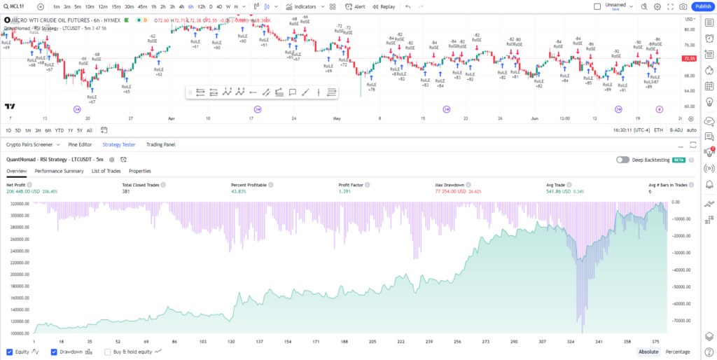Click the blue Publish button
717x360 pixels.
(701, 6)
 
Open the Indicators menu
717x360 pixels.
(301, 6)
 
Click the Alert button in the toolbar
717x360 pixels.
(355, 6)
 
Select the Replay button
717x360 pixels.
(384, 6)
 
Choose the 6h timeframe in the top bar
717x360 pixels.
(191, 6)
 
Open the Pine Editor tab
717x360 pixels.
(80, 145)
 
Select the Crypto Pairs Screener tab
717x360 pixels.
(29, 145)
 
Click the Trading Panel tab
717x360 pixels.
(160, 145)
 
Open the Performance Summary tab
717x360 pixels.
(60, 171)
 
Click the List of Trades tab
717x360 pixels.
(106, 171)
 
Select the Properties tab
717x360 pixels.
(140, 171)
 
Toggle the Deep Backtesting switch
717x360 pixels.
(622, 160)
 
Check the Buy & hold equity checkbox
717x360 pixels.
(107, 352)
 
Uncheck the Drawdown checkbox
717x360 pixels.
(55, 352)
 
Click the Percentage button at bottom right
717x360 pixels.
(677, 352)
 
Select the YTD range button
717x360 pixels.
(59, 130)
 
